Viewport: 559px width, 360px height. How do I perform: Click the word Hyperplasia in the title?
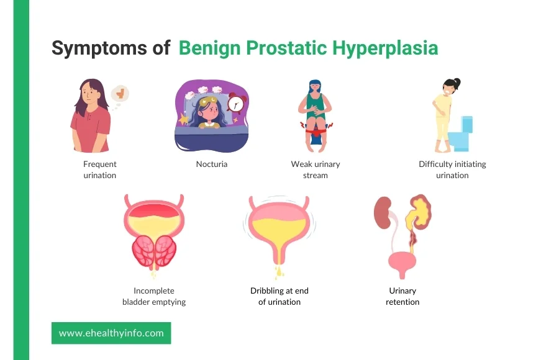(x=385, y=49)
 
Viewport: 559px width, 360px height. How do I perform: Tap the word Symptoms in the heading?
(x=99, y=48)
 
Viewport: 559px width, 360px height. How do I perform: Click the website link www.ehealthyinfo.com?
(x=111, y=333)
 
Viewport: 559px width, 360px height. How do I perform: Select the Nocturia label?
(x=212, y=164)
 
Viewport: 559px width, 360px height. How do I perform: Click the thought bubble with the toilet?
(x=120, y=94)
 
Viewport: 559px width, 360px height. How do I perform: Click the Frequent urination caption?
(x=100, y=169)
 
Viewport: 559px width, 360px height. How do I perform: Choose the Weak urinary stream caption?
(x=316, y=169)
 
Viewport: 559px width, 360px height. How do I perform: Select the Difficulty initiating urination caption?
(x=452, y=169)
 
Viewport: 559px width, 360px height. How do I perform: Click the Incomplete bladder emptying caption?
(x=154, y=296)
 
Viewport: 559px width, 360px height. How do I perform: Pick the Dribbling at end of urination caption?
(x=279, y=296)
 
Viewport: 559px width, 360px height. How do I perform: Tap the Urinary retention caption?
(x=402, y=296)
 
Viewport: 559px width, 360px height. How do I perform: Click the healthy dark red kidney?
(x=383, y=212)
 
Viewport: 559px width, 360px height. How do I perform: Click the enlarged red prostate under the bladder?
(x=154, y=251)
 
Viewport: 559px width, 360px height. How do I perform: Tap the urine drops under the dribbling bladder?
(x=279, y=272)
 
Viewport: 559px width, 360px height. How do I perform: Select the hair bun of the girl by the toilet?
(x=456, y=83)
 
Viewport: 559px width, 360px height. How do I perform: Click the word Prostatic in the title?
(x=286, y=48)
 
